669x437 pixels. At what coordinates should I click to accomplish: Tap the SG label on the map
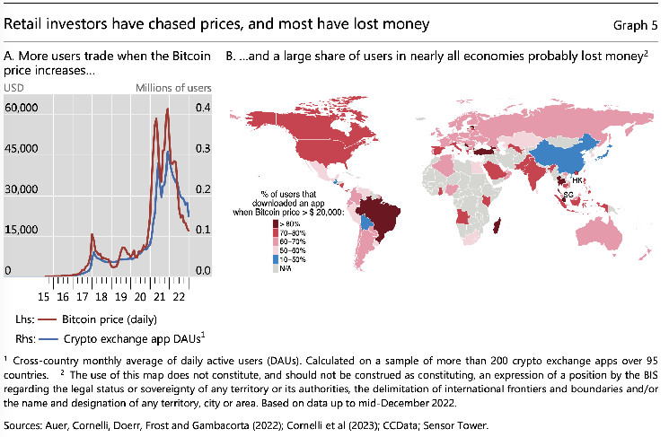pyautogui.click(x=568, y=194)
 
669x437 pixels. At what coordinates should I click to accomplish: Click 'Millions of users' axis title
pyautogui.click(x=173, y=88)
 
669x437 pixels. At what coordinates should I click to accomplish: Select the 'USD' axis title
pyautogui.click(x=15, y=88)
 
